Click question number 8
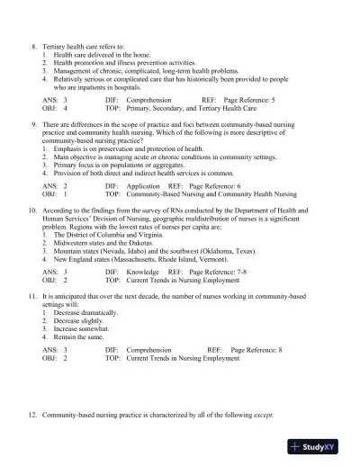35,45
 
